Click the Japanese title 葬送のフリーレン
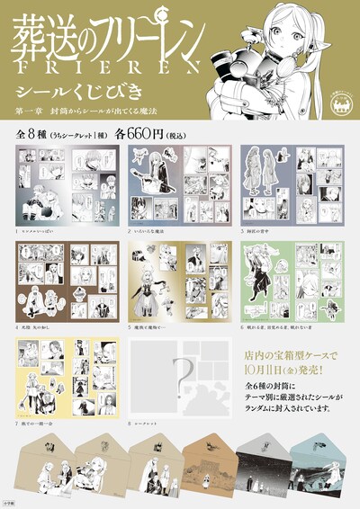[99, 34]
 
